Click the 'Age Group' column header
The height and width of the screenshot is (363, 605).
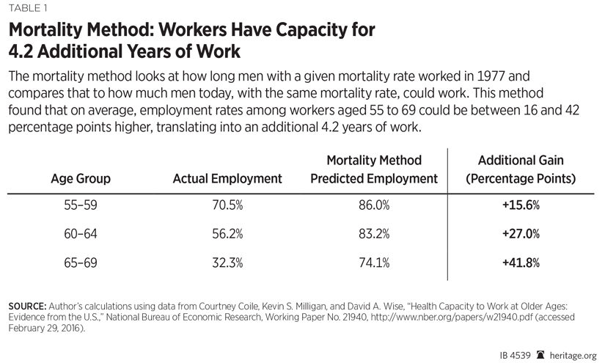coord(81,178)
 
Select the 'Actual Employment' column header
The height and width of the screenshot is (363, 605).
coord(227,178)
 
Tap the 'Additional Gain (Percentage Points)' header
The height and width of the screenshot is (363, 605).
coord(521,169)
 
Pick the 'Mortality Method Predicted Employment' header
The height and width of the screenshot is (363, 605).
coord(374,169)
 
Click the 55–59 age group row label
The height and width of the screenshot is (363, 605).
coord(81,206)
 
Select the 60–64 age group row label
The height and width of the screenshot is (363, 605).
coord(81,234)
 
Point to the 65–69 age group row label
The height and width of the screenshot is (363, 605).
coord(81,263)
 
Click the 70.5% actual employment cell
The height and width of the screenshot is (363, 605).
coord(227,206)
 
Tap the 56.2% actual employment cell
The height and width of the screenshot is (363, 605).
coord(227,234)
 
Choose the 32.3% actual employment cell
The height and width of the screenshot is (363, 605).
coord(227,263)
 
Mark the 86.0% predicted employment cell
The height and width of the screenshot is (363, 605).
coord(374,206)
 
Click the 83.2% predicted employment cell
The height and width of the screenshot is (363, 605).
coord(374,234)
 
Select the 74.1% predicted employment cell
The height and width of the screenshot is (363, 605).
coord(374,263)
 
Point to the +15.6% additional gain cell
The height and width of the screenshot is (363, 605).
coord(521,206)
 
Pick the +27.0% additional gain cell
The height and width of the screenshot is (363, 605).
coord(521,234)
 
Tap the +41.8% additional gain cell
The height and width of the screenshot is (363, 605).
coord(521,263)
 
